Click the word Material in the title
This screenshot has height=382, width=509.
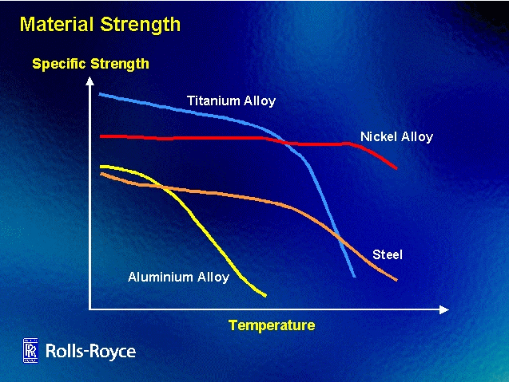(57, 24)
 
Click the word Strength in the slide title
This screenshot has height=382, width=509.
(141, 25)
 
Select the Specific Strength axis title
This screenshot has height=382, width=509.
(91, 64)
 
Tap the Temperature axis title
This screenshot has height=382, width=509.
(272, 325)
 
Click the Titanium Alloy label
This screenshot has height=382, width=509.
(231, 101)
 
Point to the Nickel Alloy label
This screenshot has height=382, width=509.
(396, 136)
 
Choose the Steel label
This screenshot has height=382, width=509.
(388, 254)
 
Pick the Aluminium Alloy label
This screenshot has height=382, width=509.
(178, 278)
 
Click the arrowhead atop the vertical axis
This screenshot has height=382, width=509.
(90, 81)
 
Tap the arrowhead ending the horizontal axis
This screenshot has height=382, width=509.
(444, 310)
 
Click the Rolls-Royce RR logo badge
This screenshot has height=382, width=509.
(30, 350)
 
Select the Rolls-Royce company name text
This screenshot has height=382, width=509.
(90, 351)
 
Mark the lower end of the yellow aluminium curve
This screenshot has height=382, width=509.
(265, 296)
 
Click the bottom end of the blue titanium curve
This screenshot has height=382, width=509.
(355, 277)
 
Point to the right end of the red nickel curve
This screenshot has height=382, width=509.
(396, 167)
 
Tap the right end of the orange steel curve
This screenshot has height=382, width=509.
(396, 280)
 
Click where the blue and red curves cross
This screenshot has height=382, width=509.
(281, 141)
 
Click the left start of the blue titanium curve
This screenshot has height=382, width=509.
(100, 94)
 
